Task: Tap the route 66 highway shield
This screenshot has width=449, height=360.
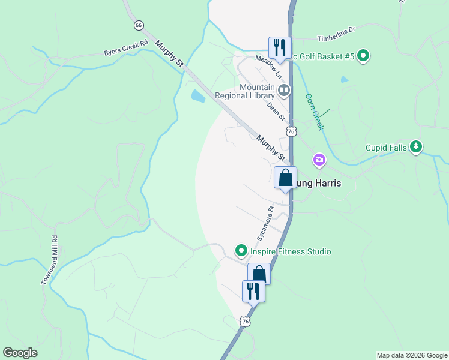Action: click(x=139, y=25)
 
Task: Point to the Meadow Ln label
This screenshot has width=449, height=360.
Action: click(x=268, y=67)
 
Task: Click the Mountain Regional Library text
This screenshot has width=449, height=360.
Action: click(x=257, y=92)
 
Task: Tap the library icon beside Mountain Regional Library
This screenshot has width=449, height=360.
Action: click(x=284, y=91)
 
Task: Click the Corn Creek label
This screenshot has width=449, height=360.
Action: click(x=314, y=112)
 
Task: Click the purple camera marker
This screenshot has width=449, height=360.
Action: click(x=319, y=160)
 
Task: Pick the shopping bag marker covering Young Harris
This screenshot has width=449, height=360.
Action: click(x=285, y=178)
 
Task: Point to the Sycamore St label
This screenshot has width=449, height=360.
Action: click(x=265, y=224)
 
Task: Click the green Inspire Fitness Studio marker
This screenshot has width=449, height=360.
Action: click(x=241, y=250)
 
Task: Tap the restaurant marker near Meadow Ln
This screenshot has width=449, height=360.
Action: click(x=280, y=47)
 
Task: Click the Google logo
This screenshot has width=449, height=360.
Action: click(x=20, y=353)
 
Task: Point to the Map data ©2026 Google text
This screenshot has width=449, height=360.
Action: click(x=411, y=355)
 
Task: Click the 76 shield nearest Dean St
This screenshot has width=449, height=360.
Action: click(x=291, y=131)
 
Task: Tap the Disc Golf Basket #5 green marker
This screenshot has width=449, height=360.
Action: click(x=363, y=57)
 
